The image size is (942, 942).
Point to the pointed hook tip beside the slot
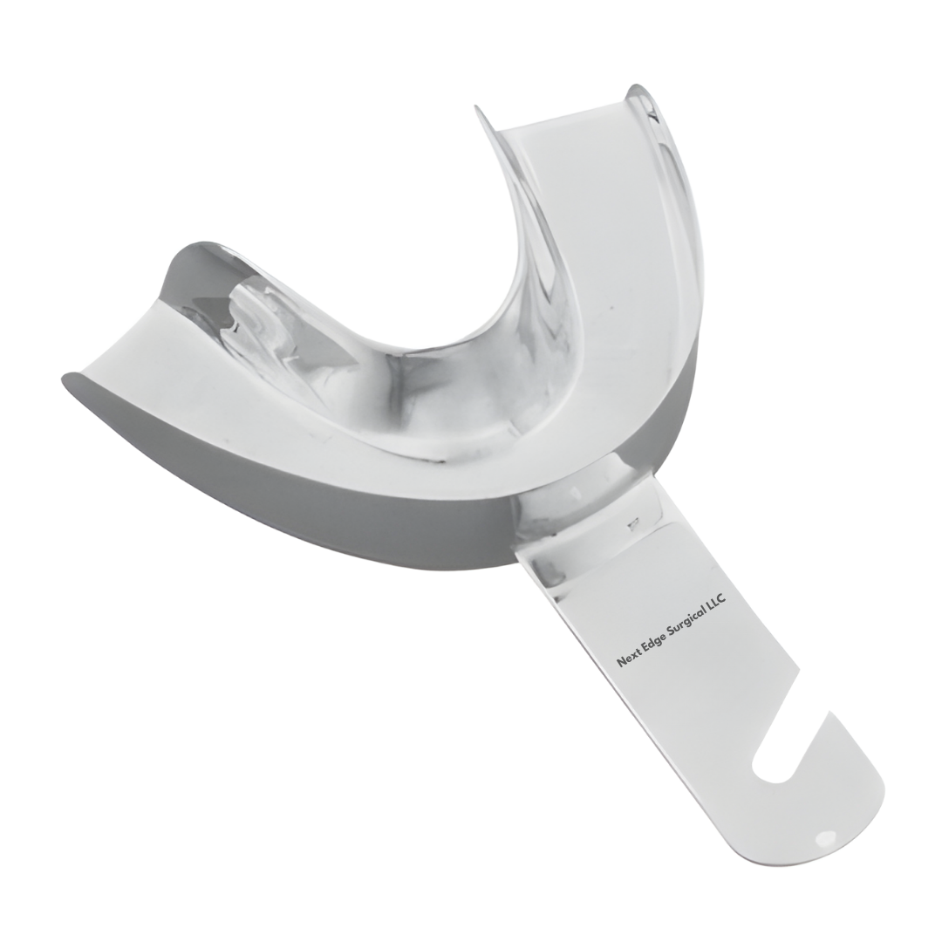coord(831,711)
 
